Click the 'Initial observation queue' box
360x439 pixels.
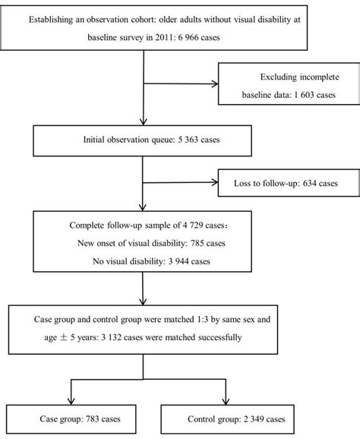coord(141,139)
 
